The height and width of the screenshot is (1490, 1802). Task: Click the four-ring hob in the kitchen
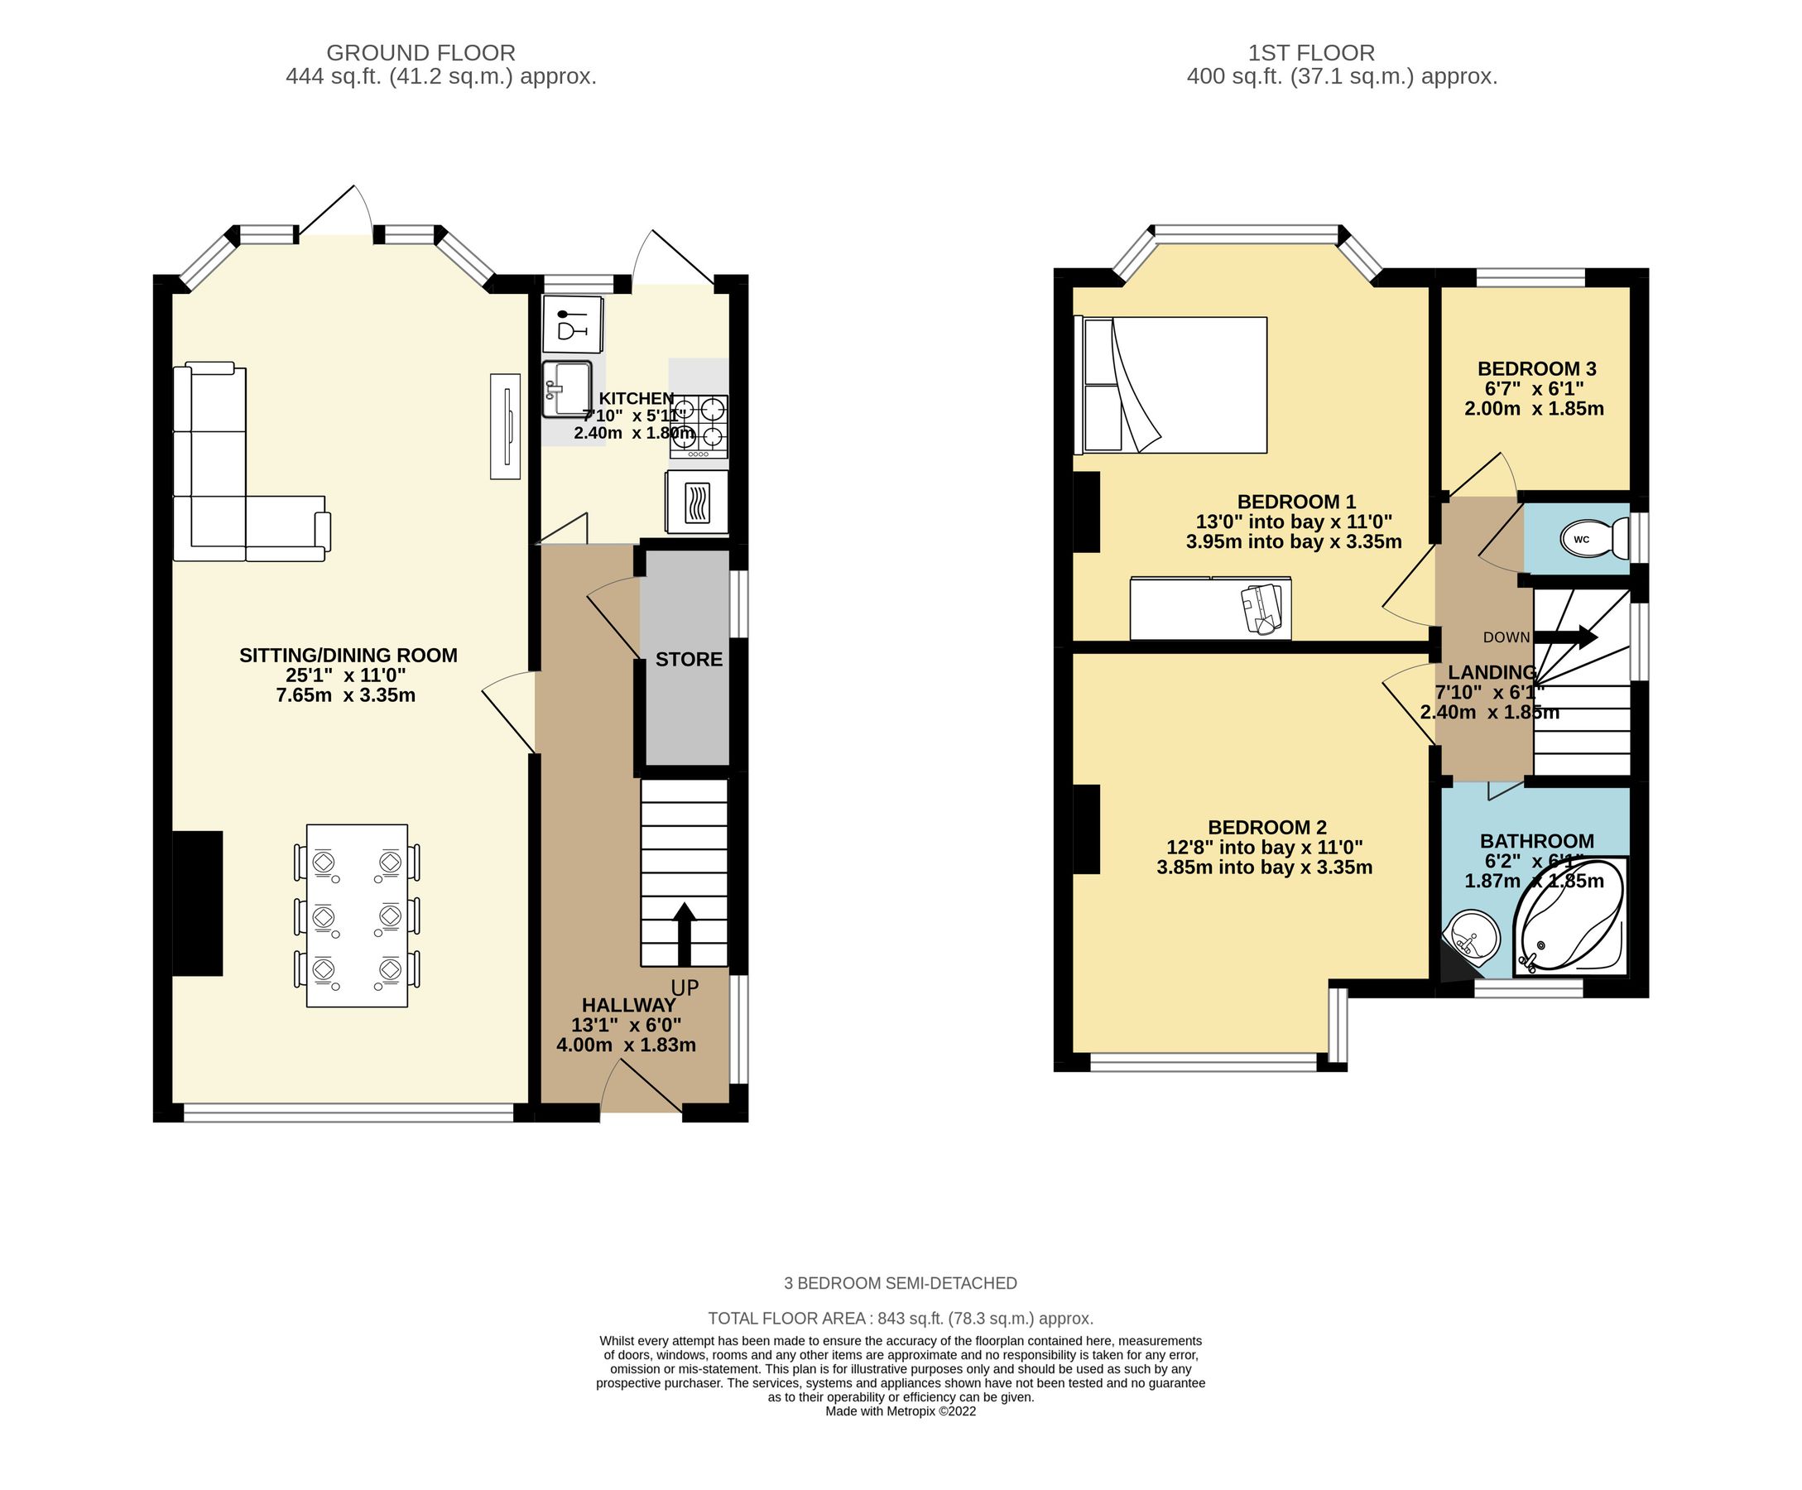pyautogui.click(x=699, y=425)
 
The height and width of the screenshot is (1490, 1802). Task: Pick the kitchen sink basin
pyautogui.click(x=567, y=389)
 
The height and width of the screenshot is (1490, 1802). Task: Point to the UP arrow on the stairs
pyautogui.click(x=684, y=934)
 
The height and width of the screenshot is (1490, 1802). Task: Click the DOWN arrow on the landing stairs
pyautogui.click(x=1564, y=637)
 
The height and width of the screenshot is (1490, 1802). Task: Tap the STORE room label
pyautogui.click(x=688, y=659)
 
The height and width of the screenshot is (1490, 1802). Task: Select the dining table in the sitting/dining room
pyautogui.click(x=357, y=915)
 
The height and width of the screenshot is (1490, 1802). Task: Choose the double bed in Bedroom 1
pyautogui.click(x=1171, y=385)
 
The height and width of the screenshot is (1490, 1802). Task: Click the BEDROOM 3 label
pyautogui.click(x=1536, y=369)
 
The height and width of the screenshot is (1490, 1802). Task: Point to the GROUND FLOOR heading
pyautogui.click(x=420, y=53)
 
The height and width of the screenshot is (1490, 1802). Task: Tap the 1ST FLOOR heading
pyautogui.click(x=1310, y=53)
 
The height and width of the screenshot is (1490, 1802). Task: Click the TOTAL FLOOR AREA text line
pyautogui.click(x=900, y=1318)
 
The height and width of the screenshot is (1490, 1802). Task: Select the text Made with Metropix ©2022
pyautogui.click(x=900, y=1411)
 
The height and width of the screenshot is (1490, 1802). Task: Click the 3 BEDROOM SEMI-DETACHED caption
pyautogui.click(x=900, y=1283)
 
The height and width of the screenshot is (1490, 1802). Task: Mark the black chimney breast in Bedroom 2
pyautogui.click(x=1086, y=829)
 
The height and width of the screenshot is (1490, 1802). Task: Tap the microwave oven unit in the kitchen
pyautogui.click(x=697, y=503)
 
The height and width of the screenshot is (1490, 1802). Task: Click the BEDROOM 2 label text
pyautogui.click(x=1266, y=828)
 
